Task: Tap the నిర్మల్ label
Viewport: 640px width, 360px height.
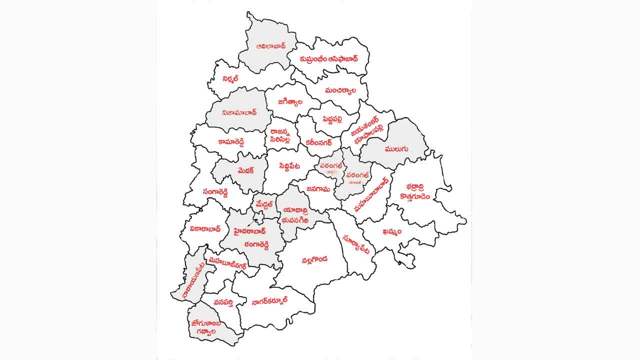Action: click(230, 79)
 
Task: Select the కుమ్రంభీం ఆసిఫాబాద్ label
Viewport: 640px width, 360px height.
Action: click(329, 58)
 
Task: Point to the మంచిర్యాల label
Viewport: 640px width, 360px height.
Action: click(340, 91)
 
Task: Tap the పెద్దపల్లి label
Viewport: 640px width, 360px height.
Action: click(334, 118)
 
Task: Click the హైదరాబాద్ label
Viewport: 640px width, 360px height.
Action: click(250, 231)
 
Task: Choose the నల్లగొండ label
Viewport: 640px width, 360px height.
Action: click(314, 260)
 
